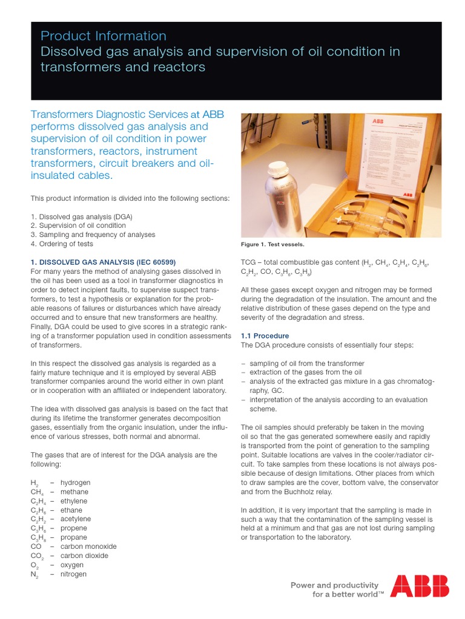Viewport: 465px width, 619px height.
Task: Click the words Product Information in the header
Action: point(103,36)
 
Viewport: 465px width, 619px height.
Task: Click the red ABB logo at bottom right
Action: point(419,586)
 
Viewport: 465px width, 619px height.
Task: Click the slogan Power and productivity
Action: point(334,585)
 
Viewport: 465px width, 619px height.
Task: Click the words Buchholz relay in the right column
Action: point(300,491)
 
